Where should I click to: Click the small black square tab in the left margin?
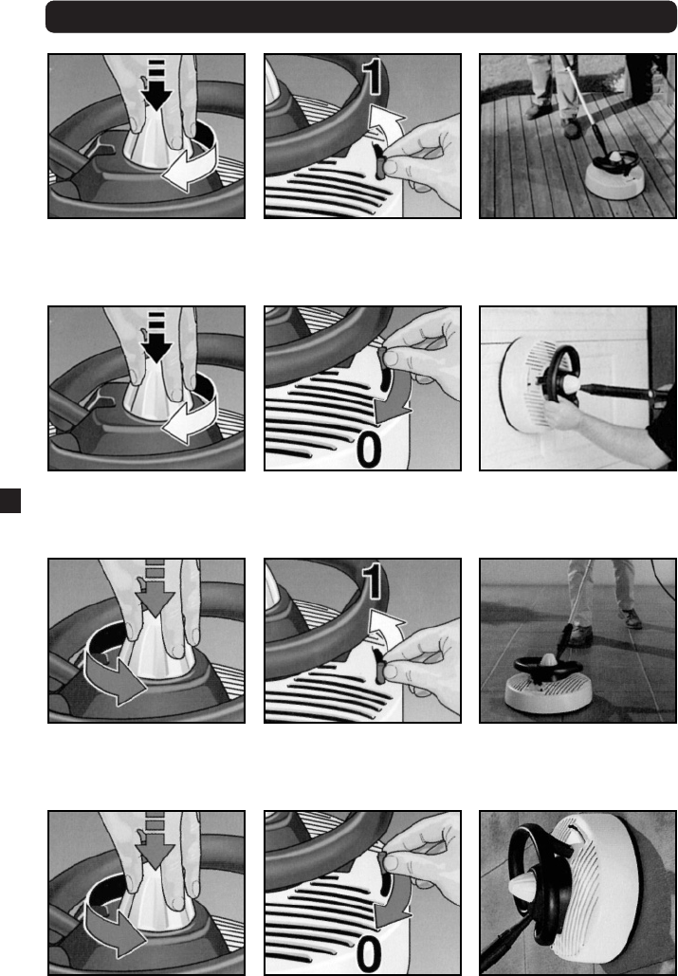[x=9, y=501]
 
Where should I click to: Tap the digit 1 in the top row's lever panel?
[x=373, y=77]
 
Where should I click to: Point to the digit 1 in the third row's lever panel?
[x=373, y=581]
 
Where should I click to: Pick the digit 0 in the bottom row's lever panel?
[x=369, y=955]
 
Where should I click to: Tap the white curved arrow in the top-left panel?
[x=190, y=163]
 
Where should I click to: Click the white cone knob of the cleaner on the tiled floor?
[x=548, y=662]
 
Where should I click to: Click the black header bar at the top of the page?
[x=360, y=17]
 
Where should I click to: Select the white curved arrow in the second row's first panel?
[x=190, y=415]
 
